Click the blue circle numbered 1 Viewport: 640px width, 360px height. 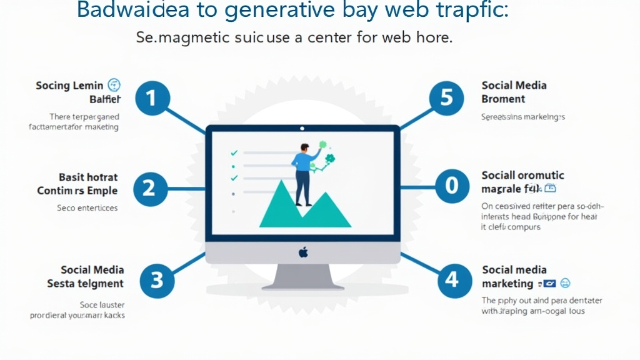point(149,98)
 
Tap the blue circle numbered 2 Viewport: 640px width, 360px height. point(149,188)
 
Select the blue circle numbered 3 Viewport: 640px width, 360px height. point(156,279)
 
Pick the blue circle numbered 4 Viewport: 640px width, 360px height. point(452,279)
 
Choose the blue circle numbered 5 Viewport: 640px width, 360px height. point(446,98)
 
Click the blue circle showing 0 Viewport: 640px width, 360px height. point(451,186)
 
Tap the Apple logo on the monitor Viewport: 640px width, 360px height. point(303,252)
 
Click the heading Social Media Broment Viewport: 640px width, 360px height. point(513,92)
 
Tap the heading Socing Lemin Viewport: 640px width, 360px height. point(70,86)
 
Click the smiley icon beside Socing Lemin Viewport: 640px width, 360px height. point(114,85)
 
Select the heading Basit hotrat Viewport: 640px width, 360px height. point(88,177)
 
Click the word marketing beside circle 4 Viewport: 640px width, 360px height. point(507,284)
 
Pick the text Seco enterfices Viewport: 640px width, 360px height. point(87,207)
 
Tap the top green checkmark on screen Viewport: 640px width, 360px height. point(234,152)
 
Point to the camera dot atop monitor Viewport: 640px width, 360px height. point(302,129)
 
